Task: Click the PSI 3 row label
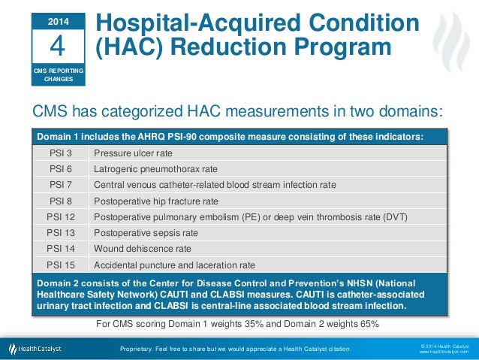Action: coord(60,153)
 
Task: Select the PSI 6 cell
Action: coord(60,169)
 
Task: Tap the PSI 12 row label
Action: coord(60,217)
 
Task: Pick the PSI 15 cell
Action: coord(60,265)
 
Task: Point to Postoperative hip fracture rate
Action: coord(155,201)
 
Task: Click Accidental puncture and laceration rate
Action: coord(174,265)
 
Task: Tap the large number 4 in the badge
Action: coord(57,46)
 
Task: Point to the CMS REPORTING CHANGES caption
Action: coord(57,74)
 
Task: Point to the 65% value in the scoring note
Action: coord(368,324)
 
